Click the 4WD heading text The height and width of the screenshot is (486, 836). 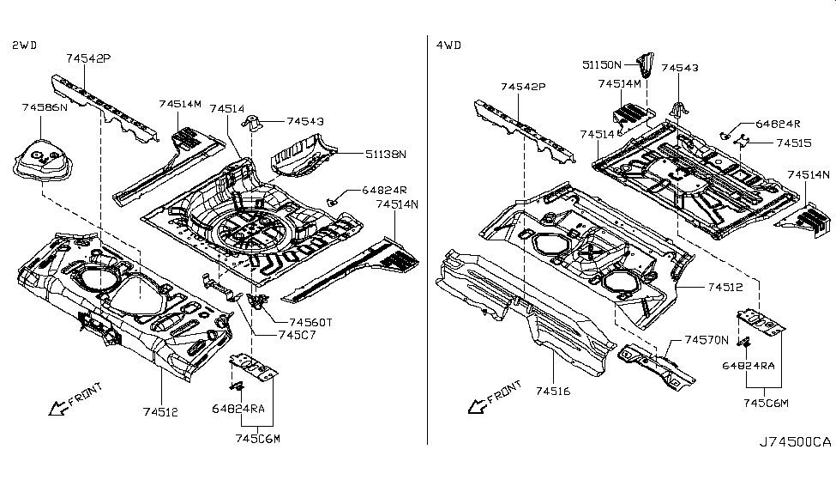pyautogui.click(x=448, y=44)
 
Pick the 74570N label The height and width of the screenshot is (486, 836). pyautogui.click(x=707, y=341)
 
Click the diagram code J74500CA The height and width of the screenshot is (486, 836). pyautogui.click(x=795, y=442)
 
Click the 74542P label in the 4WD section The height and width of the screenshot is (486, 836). pyautogui.click(x=524, y=88)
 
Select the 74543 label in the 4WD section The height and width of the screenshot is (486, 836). pyautogui.click(x=680, y=67)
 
